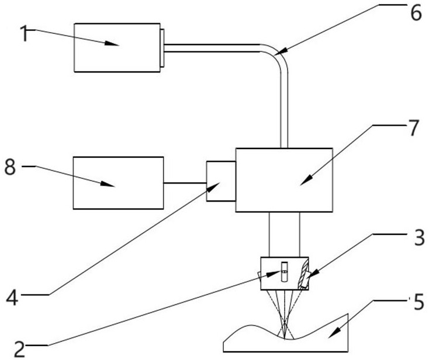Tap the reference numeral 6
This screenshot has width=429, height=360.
[416, 13]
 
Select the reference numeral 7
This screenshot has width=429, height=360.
[413, 128]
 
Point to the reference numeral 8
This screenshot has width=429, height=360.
[10, 167]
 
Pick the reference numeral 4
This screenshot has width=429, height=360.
[12, 297]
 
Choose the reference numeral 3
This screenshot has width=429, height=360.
[418, 237]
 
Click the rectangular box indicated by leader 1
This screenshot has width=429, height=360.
[117, 48]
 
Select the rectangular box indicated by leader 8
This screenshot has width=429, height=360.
[118, 183]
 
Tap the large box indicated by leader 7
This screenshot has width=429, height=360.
[284, 180]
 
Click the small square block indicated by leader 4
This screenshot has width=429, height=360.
[221, 181]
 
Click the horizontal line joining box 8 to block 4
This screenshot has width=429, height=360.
[185, 183]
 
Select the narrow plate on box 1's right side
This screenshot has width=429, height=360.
[162, 48]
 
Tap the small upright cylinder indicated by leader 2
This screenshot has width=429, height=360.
[285, 272]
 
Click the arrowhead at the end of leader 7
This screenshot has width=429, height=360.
[306, 181]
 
